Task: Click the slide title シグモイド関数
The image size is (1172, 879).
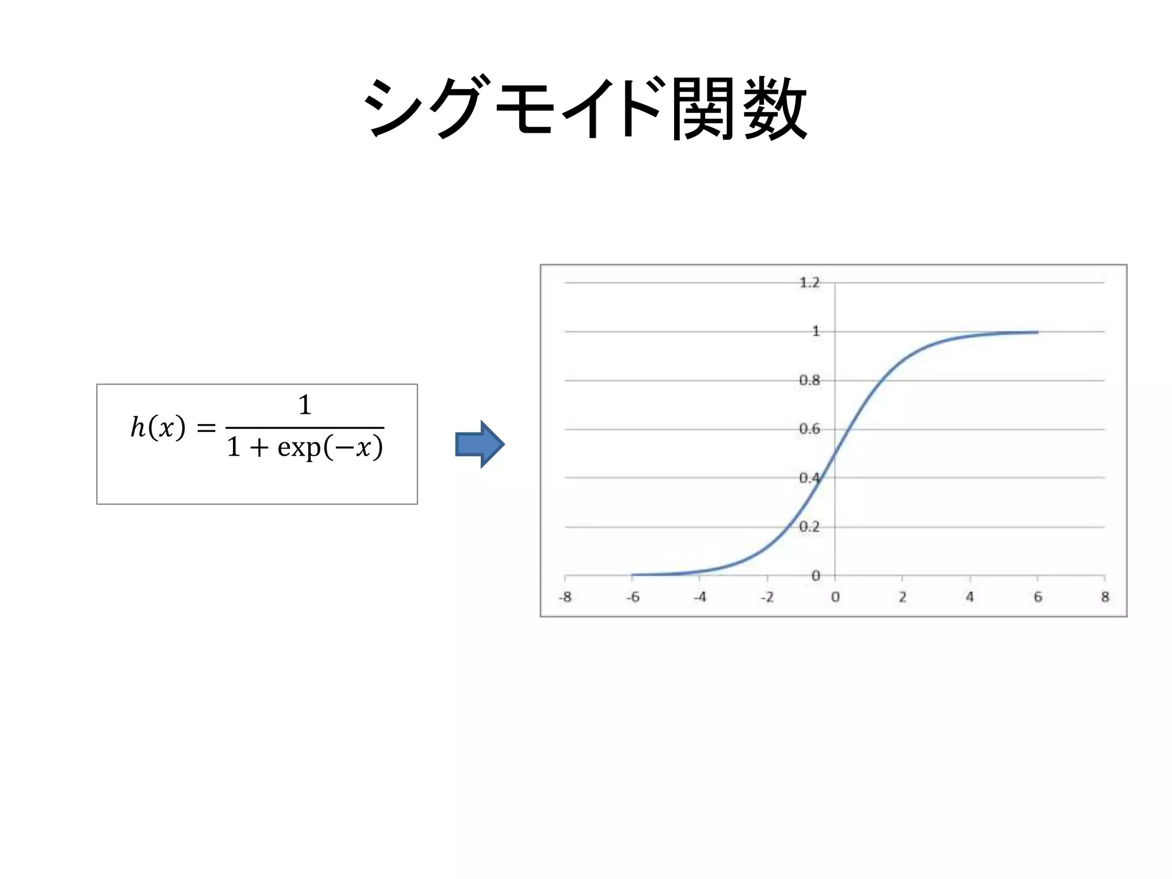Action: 585,109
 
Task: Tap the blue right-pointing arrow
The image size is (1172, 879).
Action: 480,445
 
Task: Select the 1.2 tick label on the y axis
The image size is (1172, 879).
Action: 809,283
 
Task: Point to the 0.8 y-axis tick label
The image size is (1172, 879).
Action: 809,381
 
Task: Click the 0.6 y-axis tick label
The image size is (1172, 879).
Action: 809,429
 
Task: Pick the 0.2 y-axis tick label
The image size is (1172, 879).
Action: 809,526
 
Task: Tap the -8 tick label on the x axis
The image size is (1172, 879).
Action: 565,597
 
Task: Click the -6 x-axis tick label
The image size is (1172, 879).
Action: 632,597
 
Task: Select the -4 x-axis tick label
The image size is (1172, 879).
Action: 700,597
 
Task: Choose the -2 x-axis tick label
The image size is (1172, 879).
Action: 767,597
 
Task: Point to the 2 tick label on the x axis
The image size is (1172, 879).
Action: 902,597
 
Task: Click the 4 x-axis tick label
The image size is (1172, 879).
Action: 970,597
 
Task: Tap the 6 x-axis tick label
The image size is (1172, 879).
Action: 1038,597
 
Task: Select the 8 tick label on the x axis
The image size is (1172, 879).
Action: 1105,597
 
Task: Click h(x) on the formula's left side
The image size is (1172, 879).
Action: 158,427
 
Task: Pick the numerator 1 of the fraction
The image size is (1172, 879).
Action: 304,405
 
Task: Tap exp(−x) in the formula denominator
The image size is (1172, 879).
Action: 330,448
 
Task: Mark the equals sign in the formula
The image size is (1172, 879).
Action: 206,428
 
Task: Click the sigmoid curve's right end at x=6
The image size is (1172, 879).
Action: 1037,332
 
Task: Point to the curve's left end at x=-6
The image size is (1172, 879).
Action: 633,575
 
